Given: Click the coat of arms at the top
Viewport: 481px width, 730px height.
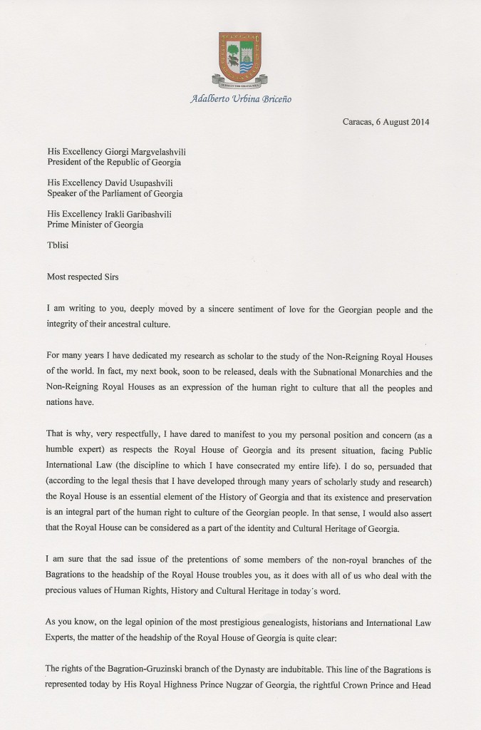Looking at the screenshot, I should [x=239, y=56].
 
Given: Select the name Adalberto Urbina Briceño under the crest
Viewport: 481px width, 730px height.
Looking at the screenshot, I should [x=240, y=99].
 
